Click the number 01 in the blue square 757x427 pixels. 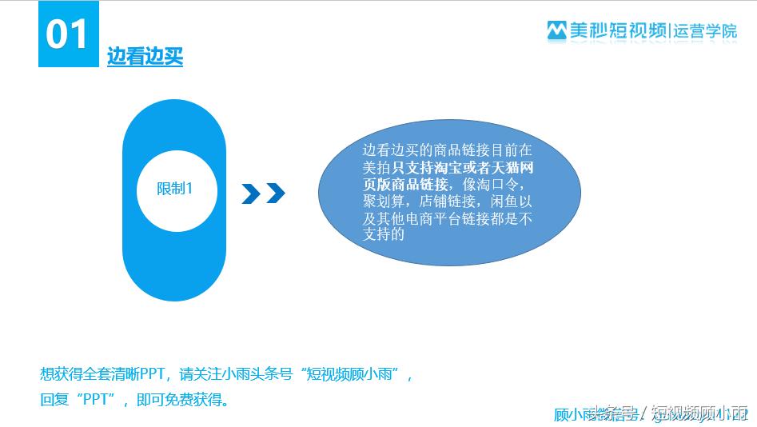[67, 34]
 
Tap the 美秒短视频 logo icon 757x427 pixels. [556, 30]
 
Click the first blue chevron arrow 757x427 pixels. [251, 193]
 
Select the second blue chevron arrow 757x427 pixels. [275, 193]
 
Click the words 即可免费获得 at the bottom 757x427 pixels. [179, 398]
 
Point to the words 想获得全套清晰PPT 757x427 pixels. [101, 374]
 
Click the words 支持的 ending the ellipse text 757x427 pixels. [384, 234]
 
